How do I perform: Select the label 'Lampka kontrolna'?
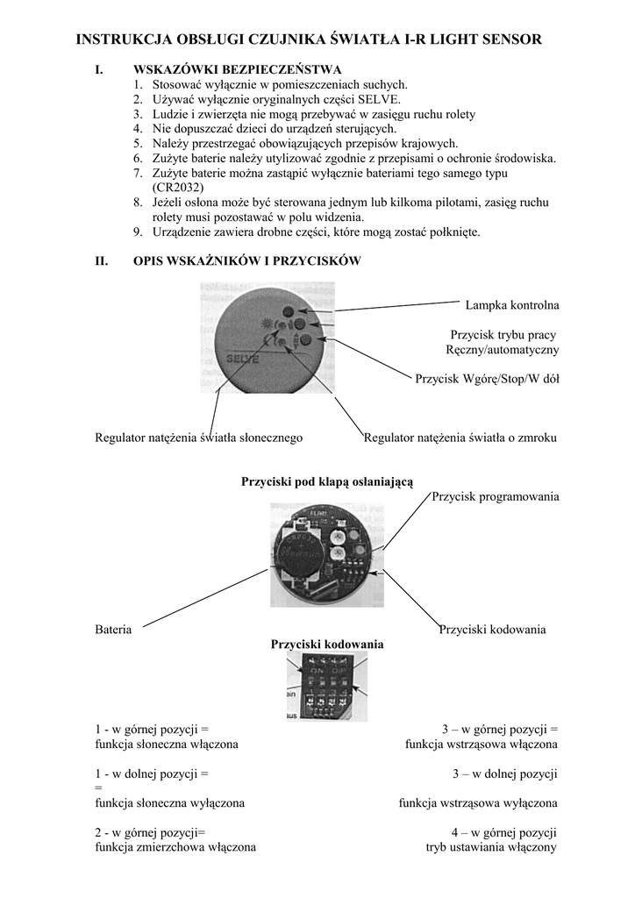[512, 304]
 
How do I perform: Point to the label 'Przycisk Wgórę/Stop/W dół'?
[487, 379]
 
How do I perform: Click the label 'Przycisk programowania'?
[496, 496]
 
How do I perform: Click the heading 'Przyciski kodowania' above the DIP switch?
[327, 644]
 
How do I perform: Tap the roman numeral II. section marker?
[101, 260]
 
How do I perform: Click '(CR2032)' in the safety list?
[178, 187]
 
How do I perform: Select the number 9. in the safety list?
[139, 232]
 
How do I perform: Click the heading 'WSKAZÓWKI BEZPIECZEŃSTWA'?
[237, 68]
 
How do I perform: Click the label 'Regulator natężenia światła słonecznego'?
[198, 436]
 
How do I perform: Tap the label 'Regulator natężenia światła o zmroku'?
[460, 436]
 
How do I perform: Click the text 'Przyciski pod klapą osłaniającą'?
[327, 481]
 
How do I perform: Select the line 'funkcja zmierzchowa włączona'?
[175, 847]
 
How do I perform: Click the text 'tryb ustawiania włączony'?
[492, 847]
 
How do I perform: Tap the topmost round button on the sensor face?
[289, 312]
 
